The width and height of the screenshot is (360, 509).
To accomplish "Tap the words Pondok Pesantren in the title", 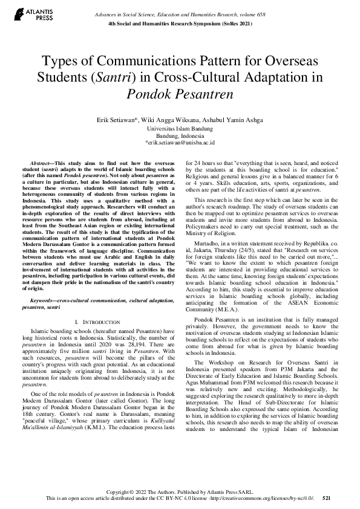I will [x=180, y=94].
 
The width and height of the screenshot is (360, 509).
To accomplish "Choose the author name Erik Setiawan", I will [x=119, y=120].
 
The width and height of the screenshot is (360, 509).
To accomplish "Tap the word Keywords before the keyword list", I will [x=43, y=300].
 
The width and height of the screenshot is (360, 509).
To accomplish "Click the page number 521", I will [x=326, y=498].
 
